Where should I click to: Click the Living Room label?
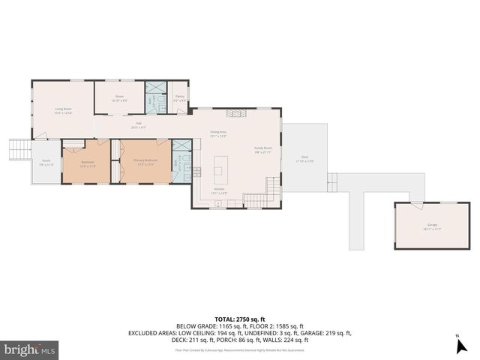point(63,111)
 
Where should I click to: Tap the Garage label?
point(432,226)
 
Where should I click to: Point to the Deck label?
point(304,159)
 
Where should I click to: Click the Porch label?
point(46,162)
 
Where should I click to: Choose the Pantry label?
point(180,97)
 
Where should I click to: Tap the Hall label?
point(138,125)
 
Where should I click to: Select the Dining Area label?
point(218,133)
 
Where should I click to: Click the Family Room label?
point(262,149)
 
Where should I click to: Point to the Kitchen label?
point(219,190)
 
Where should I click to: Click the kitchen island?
point(220,163)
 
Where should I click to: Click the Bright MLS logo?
point(30,349)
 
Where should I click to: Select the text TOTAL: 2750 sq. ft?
point(239,319)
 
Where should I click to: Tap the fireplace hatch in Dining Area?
point(235,113)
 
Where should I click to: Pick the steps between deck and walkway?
point(332,182)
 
